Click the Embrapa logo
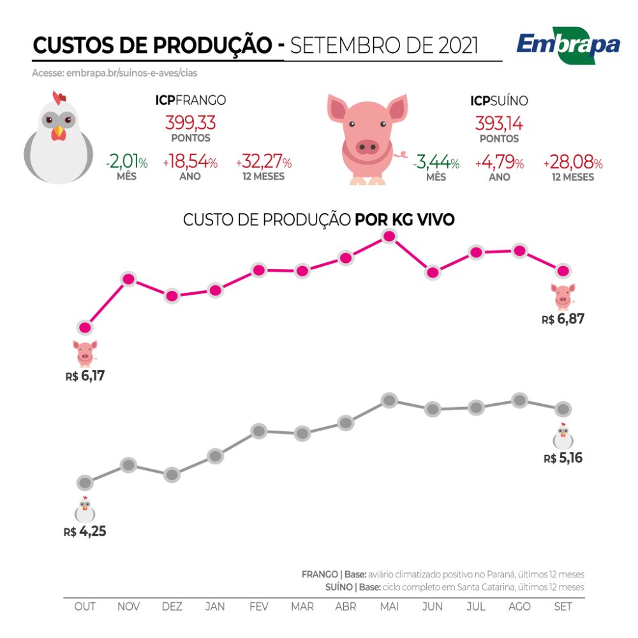568,46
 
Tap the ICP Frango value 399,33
190,122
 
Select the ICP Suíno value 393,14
499,122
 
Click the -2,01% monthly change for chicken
126,163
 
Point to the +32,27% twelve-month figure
263,163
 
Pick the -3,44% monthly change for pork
436,163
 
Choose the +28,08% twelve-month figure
573,163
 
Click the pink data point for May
389,237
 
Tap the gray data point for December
172,475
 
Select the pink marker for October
85,328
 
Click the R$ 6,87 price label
563,319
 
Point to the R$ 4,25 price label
85,531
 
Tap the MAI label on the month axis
389,606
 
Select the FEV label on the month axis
258,606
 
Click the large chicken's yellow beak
59,132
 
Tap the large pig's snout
366,147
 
